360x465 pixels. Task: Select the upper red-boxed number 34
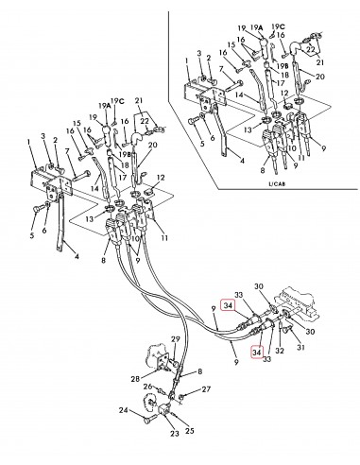tap(229, 304)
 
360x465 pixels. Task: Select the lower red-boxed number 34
tap(256, 352)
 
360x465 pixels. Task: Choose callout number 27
tap(207, 387)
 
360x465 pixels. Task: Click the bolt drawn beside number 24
tap(144, 409)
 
